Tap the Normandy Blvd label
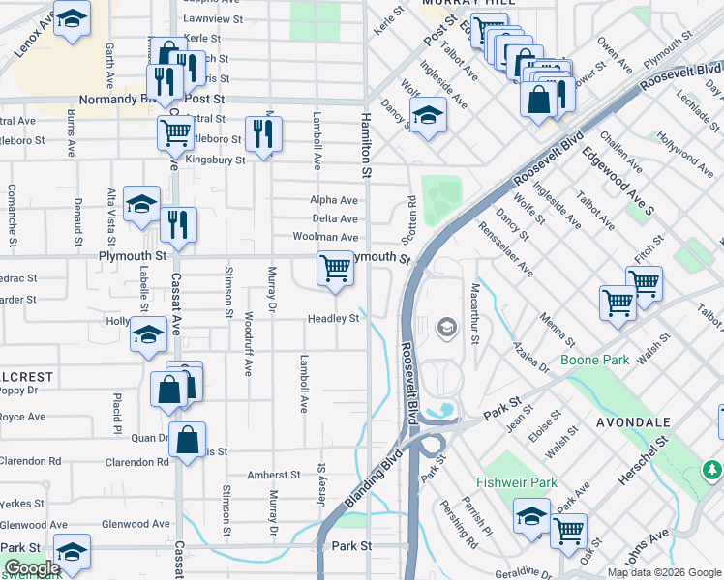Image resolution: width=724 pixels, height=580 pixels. point(114,99)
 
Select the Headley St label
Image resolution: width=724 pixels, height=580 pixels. point(334,319)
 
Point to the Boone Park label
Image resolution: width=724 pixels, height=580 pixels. point(594,360)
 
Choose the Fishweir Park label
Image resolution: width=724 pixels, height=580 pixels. point(517,482)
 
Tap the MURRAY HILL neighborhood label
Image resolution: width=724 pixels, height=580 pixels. point(460,5)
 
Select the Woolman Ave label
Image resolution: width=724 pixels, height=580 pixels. point(326,237)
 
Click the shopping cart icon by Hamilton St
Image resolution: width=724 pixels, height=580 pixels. point(335,268)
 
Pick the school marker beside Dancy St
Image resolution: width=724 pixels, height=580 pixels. point(428,116)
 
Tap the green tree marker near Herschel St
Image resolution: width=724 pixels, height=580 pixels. point(711,470)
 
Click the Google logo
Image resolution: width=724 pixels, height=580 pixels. point(32,569)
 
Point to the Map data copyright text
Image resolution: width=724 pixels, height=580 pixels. point(665,571)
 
